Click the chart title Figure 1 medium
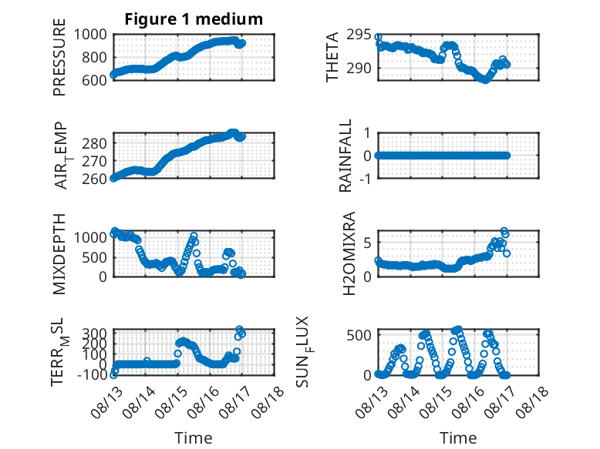[194, 19]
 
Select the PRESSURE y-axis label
[59, 57]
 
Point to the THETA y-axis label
[332, 57]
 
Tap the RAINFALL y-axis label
[346, 156]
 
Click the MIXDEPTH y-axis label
[59, 254]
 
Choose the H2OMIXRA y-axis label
[349, 253]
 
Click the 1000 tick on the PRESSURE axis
[90, 35]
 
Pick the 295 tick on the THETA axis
[359, 35]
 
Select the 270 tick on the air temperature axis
[94, 161]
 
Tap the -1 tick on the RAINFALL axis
[366, 179]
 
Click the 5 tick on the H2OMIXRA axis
[368, 243]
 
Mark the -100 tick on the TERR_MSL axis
[92, 375]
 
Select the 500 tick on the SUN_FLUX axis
[359, 335]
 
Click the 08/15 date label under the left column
[171, 401]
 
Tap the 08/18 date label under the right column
[532, 401]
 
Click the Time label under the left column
[194, 438]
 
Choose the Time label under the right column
[458, 438]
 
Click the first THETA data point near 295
[378, 37]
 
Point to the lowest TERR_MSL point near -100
[113, 375]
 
